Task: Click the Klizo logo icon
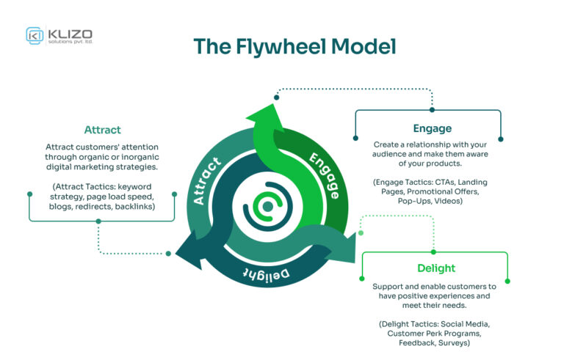click(35, 35)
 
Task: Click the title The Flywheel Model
click(294, 46)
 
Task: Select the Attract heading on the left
click(102, 130)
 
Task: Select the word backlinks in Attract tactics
click(129, 207)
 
